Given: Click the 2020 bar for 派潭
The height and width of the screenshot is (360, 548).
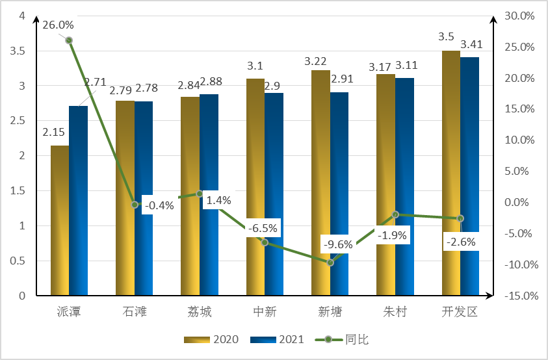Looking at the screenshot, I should click(x=60, y=221).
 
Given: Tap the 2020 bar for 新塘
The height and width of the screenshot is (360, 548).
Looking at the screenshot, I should click(x=320, y=183).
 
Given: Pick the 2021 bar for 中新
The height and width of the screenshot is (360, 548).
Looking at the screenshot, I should click(x=274, y=194).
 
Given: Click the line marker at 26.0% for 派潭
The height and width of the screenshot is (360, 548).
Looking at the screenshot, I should click(x=69, y=40).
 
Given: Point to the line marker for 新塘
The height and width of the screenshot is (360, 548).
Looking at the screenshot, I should click(x=330, y=263).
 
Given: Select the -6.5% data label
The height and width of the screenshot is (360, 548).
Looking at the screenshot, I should click(x=263, y=228).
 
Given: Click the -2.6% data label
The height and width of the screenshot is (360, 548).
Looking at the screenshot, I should click(x=460, y=242).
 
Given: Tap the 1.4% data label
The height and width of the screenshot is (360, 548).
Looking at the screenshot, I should click(x=218, y=200).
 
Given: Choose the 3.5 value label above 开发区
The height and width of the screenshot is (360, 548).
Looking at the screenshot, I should click(x=446, y=36).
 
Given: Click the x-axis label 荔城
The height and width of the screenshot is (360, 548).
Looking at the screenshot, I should click(x=200, y=312).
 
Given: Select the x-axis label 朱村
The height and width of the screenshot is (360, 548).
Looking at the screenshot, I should click(x=395, y=312).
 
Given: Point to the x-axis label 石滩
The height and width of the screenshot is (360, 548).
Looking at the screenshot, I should click(x=135, y=312).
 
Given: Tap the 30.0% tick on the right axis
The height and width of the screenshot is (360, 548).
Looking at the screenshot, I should click(x=519, y=16).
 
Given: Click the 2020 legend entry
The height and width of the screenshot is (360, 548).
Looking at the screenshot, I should click(x=212, y=339).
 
